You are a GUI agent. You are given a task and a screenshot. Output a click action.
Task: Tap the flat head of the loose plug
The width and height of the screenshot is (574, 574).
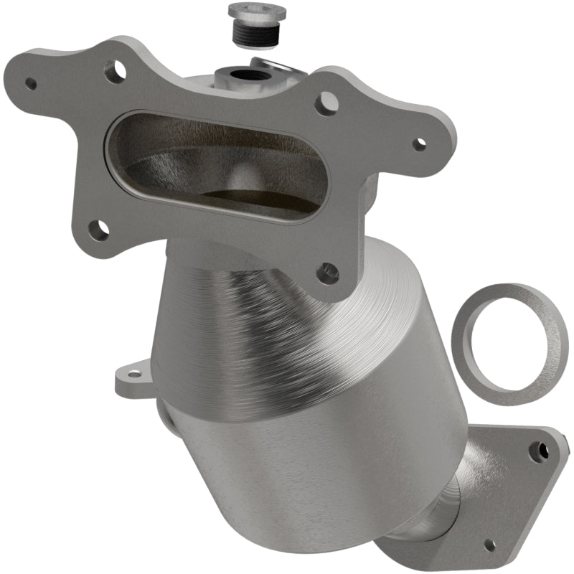257,12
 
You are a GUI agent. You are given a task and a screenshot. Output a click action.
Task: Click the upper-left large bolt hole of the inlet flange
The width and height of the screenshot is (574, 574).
115,70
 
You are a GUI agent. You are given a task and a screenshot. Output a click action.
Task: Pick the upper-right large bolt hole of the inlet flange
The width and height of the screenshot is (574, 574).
326,103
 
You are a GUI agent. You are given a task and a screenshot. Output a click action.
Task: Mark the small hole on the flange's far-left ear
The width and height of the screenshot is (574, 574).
31,83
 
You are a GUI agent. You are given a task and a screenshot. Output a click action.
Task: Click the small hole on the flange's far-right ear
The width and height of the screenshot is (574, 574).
420,143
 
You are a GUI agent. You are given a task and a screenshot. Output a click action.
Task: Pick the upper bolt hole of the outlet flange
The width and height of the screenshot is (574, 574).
535,451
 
